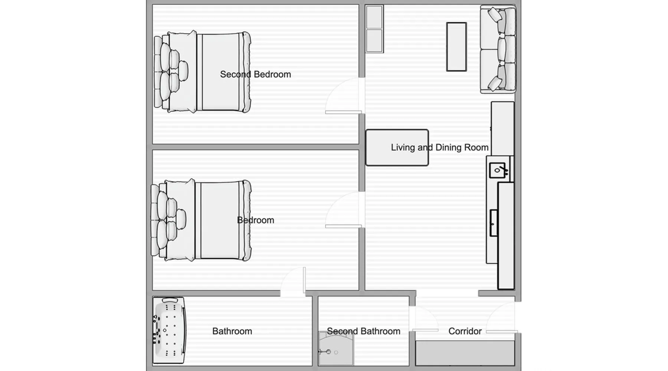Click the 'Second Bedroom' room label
click(255, 74)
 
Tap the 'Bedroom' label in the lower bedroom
click(255, 220)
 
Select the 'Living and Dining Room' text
click(439, 147)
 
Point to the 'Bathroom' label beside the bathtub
click(232, 331)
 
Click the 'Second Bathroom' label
click(363, 331)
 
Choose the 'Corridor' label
click(465, 331)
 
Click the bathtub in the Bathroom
click(169, 330)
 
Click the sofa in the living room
click(498, 49)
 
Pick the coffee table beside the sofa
click(456, 47)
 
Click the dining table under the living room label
click(397, 147)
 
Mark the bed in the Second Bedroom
click(202, 72)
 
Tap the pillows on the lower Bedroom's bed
click(169, 220)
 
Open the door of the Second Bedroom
click(344, 96)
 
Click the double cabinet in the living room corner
click(374, 29)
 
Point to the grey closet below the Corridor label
click(465, 353)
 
